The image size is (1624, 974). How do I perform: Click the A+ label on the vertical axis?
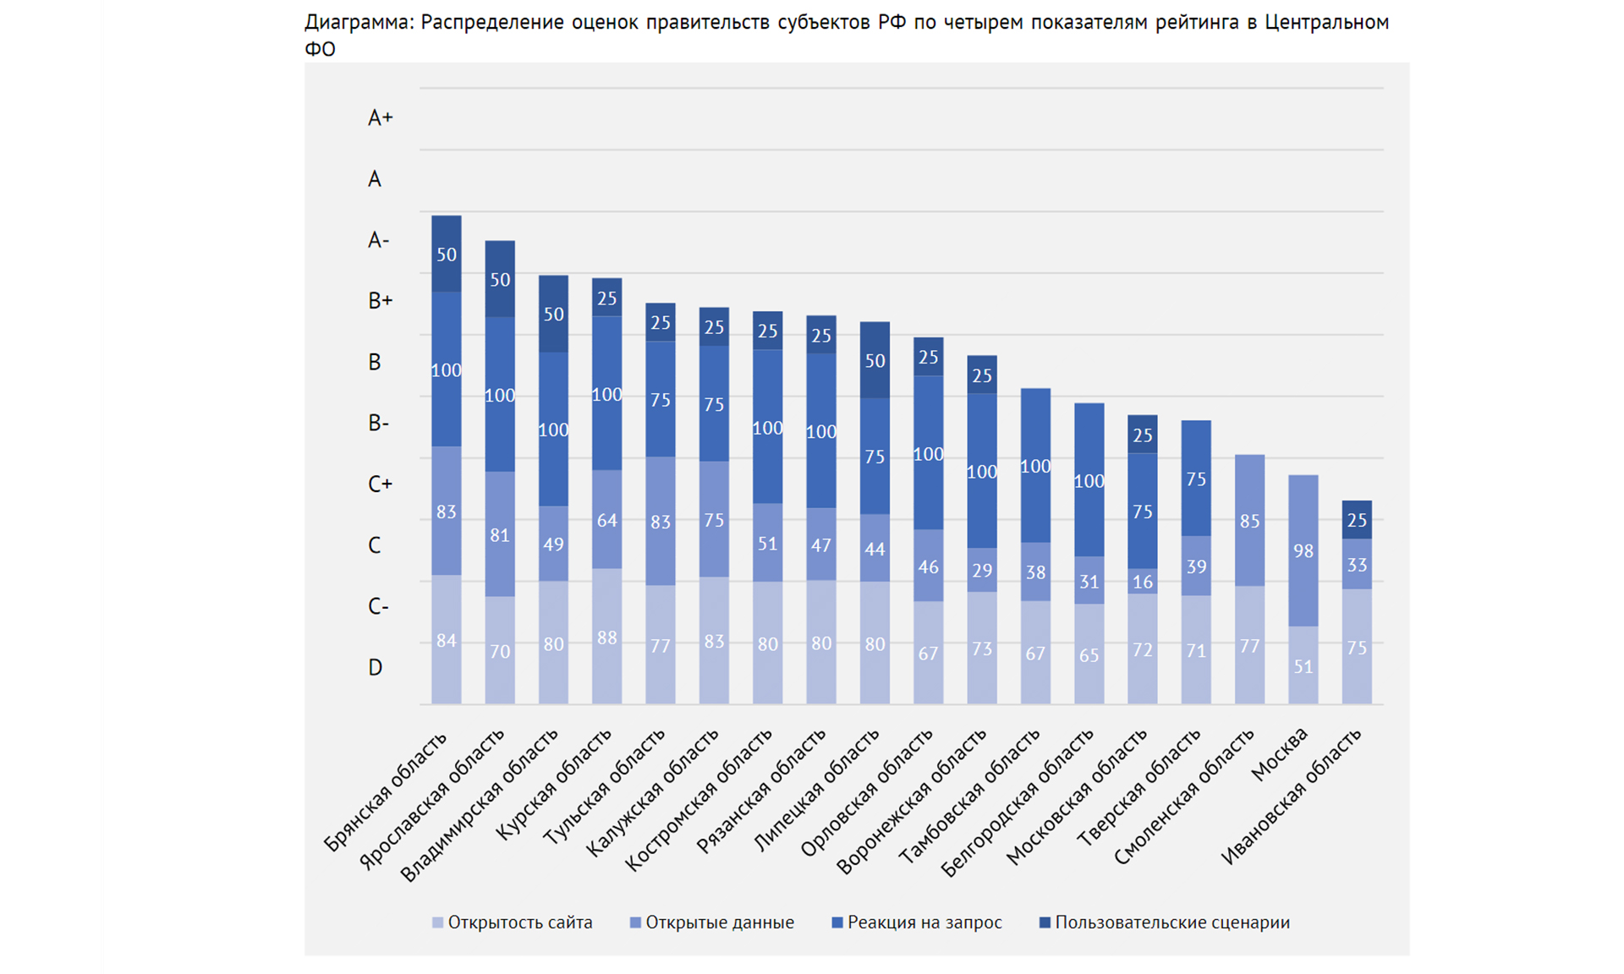click(x=380, y=118)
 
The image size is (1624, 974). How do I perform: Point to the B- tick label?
click(x=378, y=423)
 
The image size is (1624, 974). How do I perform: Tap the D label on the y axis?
click(x=375, y=667)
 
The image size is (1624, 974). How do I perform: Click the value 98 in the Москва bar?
click(x=1303, y=551)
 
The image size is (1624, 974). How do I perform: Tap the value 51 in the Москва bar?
click(x=1303, y=666)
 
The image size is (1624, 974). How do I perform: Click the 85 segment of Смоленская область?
click(x=1249, y=521)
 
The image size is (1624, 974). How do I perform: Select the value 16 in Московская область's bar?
click(x=1142, y=582)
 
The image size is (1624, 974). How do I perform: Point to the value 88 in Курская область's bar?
click(x=606, y=637)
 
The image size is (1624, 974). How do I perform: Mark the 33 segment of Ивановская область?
click(x=1357, y=565)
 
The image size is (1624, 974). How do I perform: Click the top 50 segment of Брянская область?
click(x=447, y=254)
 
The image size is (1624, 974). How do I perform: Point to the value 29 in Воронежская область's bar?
click(x=981, y=571)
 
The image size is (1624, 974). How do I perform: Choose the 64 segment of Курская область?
click(x=606, y=520)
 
